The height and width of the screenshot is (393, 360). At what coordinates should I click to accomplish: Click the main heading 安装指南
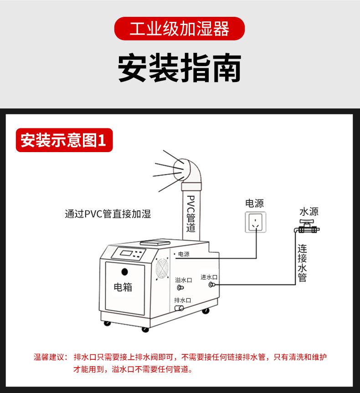180,68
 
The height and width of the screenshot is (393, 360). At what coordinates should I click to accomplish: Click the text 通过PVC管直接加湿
108,214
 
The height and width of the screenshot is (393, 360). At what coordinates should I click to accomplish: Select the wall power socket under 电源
255,222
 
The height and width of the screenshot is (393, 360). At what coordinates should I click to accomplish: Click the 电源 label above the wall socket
254,203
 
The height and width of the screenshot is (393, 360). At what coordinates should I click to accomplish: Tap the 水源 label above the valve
309,212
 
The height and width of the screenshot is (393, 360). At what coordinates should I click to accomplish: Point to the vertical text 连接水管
303,263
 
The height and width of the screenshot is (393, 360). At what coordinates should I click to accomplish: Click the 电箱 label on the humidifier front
123,287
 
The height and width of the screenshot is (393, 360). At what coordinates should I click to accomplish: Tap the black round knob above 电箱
124,272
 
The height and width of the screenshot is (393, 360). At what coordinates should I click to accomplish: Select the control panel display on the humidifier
129,253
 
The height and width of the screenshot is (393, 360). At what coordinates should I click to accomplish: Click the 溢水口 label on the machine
183,280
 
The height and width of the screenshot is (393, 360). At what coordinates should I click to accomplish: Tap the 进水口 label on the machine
209,277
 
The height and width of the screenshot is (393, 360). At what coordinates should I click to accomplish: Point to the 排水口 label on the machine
182,300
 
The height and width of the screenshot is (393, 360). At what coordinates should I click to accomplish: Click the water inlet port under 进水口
211,285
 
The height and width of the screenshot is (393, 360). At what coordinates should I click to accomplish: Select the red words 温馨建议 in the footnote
50,357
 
